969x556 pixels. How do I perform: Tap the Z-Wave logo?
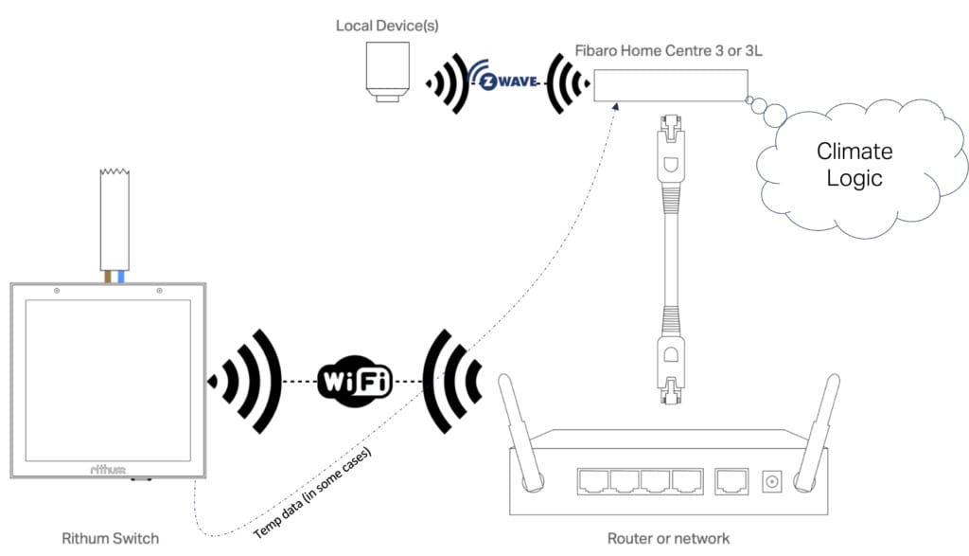pyautogui.click(x=510, y=82)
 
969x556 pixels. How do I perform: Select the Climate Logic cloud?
pyautogui.click(x=855, y=165)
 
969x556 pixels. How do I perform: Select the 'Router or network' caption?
pyautogui.click(x=669, y=538)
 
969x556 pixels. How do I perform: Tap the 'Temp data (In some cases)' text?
pyautogui.click(x=314, y=492)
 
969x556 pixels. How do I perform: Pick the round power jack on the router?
pyautogui.click(x=772, y=481)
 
